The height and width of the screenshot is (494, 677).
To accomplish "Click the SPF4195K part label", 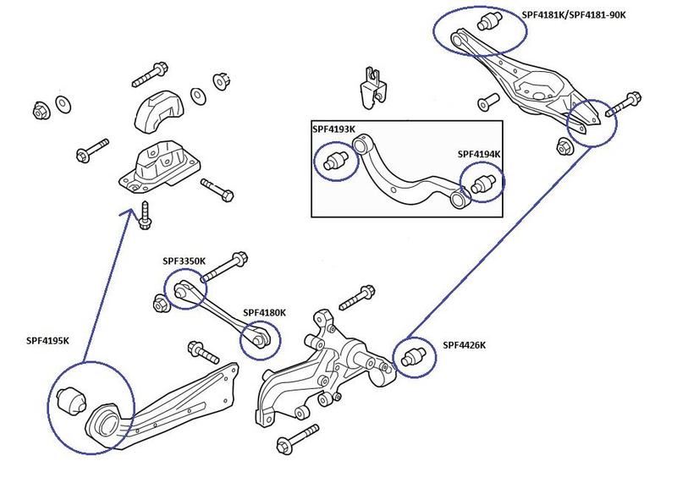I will pos(47,341).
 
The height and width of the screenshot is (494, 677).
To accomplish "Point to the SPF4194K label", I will pos(480,155).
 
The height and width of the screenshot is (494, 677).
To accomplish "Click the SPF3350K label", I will pos(184,261).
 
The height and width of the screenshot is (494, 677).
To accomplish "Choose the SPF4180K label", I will pos(264,312).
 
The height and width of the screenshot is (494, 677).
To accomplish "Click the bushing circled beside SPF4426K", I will pos(413,356).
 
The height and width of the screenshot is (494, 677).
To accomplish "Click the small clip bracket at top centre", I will pos(371,85).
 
